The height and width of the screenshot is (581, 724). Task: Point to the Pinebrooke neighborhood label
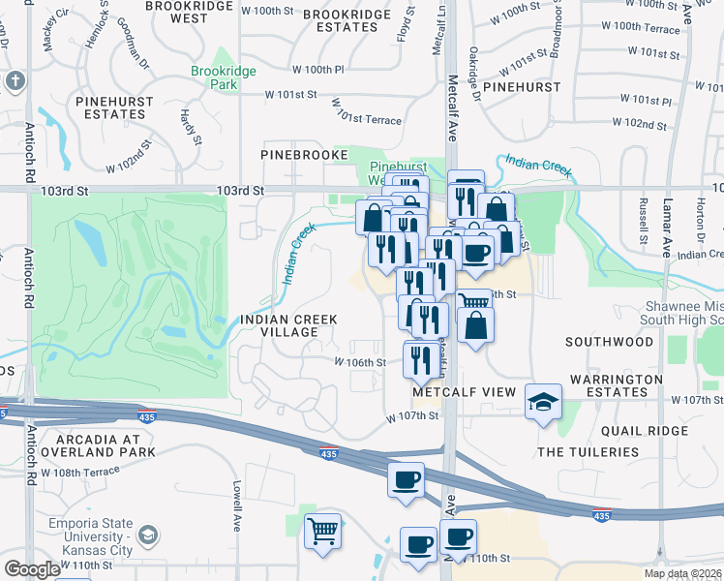(x=303, y=154)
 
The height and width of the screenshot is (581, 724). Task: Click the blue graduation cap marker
(x=543, y=400)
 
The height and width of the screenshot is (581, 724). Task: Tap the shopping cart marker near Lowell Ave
(x=323, y=530)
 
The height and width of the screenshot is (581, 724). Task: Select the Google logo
(x=32, y=569)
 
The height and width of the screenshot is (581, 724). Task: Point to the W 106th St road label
(x=360, y=362)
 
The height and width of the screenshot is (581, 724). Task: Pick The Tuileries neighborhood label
(x=588, y=452)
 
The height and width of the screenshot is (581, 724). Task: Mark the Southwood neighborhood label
(x=609, y=342)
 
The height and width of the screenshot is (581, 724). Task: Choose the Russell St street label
(x=643, y=221)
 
